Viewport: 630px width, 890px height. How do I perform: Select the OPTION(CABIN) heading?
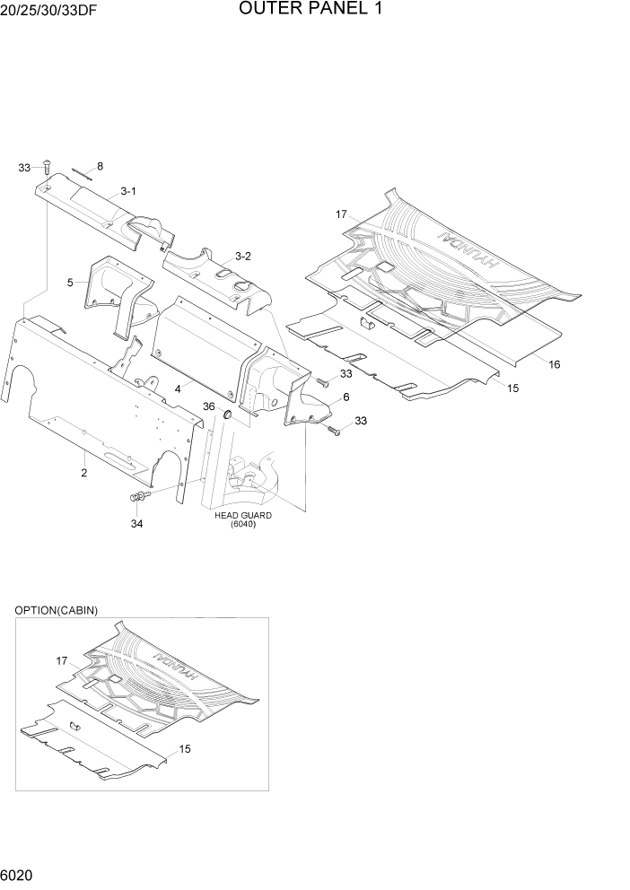(56, 610)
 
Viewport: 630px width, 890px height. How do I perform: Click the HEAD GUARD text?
(242, 516)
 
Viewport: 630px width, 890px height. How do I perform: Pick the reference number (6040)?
(242, 526)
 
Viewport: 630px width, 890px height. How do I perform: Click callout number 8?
(100, 166)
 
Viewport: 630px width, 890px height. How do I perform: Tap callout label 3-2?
(242, 257)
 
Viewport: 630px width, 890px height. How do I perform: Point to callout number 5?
(70, 283)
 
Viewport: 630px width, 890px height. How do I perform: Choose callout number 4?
(179, 388)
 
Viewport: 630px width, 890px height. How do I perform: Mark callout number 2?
(83, 473)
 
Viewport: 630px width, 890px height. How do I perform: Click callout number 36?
(208, 406)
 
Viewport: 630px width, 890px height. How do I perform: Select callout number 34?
(136, 523)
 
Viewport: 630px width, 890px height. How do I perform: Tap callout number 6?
(346, 396)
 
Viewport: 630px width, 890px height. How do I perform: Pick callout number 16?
(554, 365)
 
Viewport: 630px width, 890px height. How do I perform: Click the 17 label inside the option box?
(61, 661)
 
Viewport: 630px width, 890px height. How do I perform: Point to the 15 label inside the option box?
(184, 748)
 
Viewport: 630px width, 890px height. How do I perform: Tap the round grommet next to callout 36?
(226, 414)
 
